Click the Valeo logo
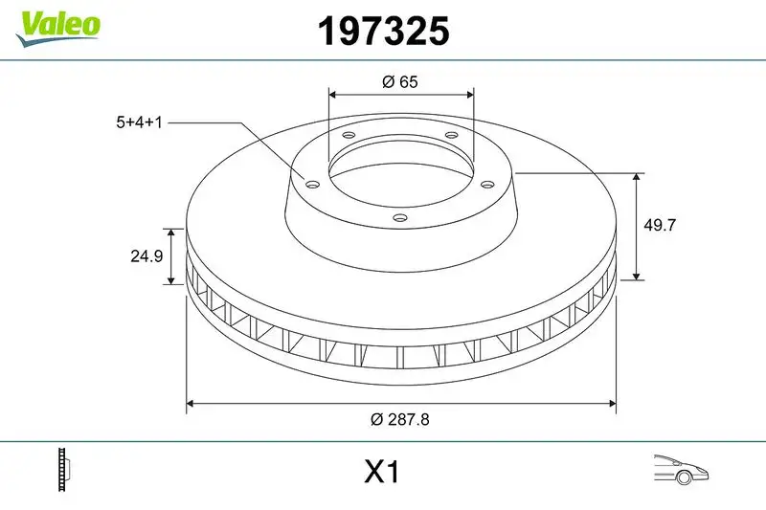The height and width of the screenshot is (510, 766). point(56,25)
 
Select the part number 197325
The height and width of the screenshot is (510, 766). point(382,33)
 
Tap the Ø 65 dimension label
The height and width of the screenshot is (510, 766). point(400,82)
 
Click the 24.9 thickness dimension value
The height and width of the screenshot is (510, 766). point(144,256)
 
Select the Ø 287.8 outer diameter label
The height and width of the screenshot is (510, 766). point(402,419)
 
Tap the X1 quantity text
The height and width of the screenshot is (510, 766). point(381,472)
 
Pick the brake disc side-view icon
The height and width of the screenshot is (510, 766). point(65,471)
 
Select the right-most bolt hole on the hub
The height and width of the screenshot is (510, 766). point(486,184)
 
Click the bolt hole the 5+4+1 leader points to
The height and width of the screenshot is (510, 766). point(310,184)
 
